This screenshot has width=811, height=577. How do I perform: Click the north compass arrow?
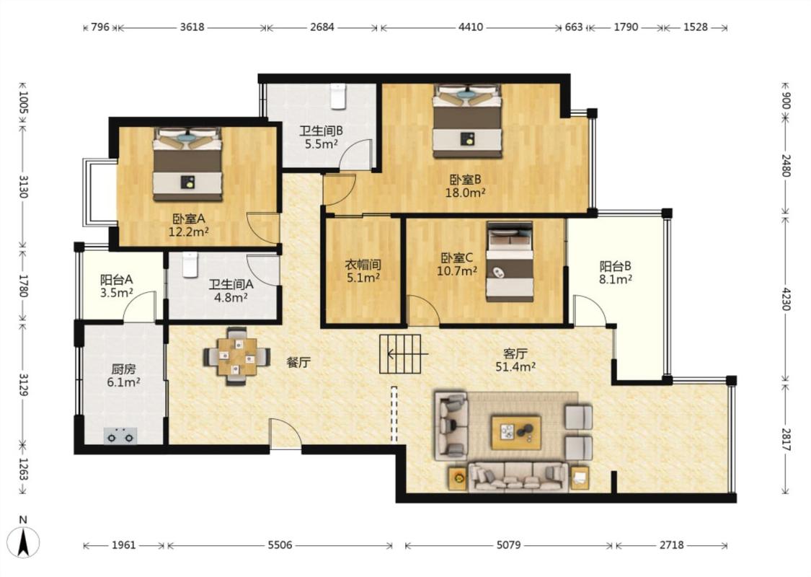click(x=23, y=542)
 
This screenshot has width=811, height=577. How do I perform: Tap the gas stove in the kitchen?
click(x=120, y=436)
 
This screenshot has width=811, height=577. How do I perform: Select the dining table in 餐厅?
click(x=237, y=356)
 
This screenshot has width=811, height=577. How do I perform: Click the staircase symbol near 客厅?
click(x=400, y=354)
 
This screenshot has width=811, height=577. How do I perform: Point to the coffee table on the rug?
click(x=516, y=431)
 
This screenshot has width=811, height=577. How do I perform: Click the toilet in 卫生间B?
click(x=338, y=96)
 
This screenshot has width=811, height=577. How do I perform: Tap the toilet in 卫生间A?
click(x=190, y=265)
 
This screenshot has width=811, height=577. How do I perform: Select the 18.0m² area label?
click(x=465, y=193)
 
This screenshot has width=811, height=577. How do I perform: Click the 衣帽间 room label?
click(x=363, y=265)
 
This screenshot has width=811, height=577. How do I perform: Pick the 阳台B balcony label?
click(x=615, y=266)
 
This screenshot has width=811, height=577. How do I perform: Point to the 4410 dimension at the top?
click(x=471, y=27)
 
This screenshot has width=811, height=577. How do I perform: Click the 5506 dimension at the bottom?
click(x=280, y=545)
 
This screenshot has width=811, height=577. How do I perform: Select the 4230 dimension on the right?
click(x=786, y=299)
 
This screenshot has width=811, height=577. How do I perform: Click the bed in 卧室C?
click(x=510, y=261)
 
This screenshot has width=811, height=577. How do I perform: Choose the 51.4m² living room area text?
click(x=515, y=367)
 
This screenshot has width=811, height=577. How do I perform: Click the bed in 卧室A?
click(x=187, y=164)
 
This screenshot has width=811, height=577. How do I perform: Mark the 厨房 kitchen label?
click(x=123, y=369)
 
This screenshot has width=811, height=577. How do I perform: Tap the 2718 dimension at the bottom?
click(x=671, y=545)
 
